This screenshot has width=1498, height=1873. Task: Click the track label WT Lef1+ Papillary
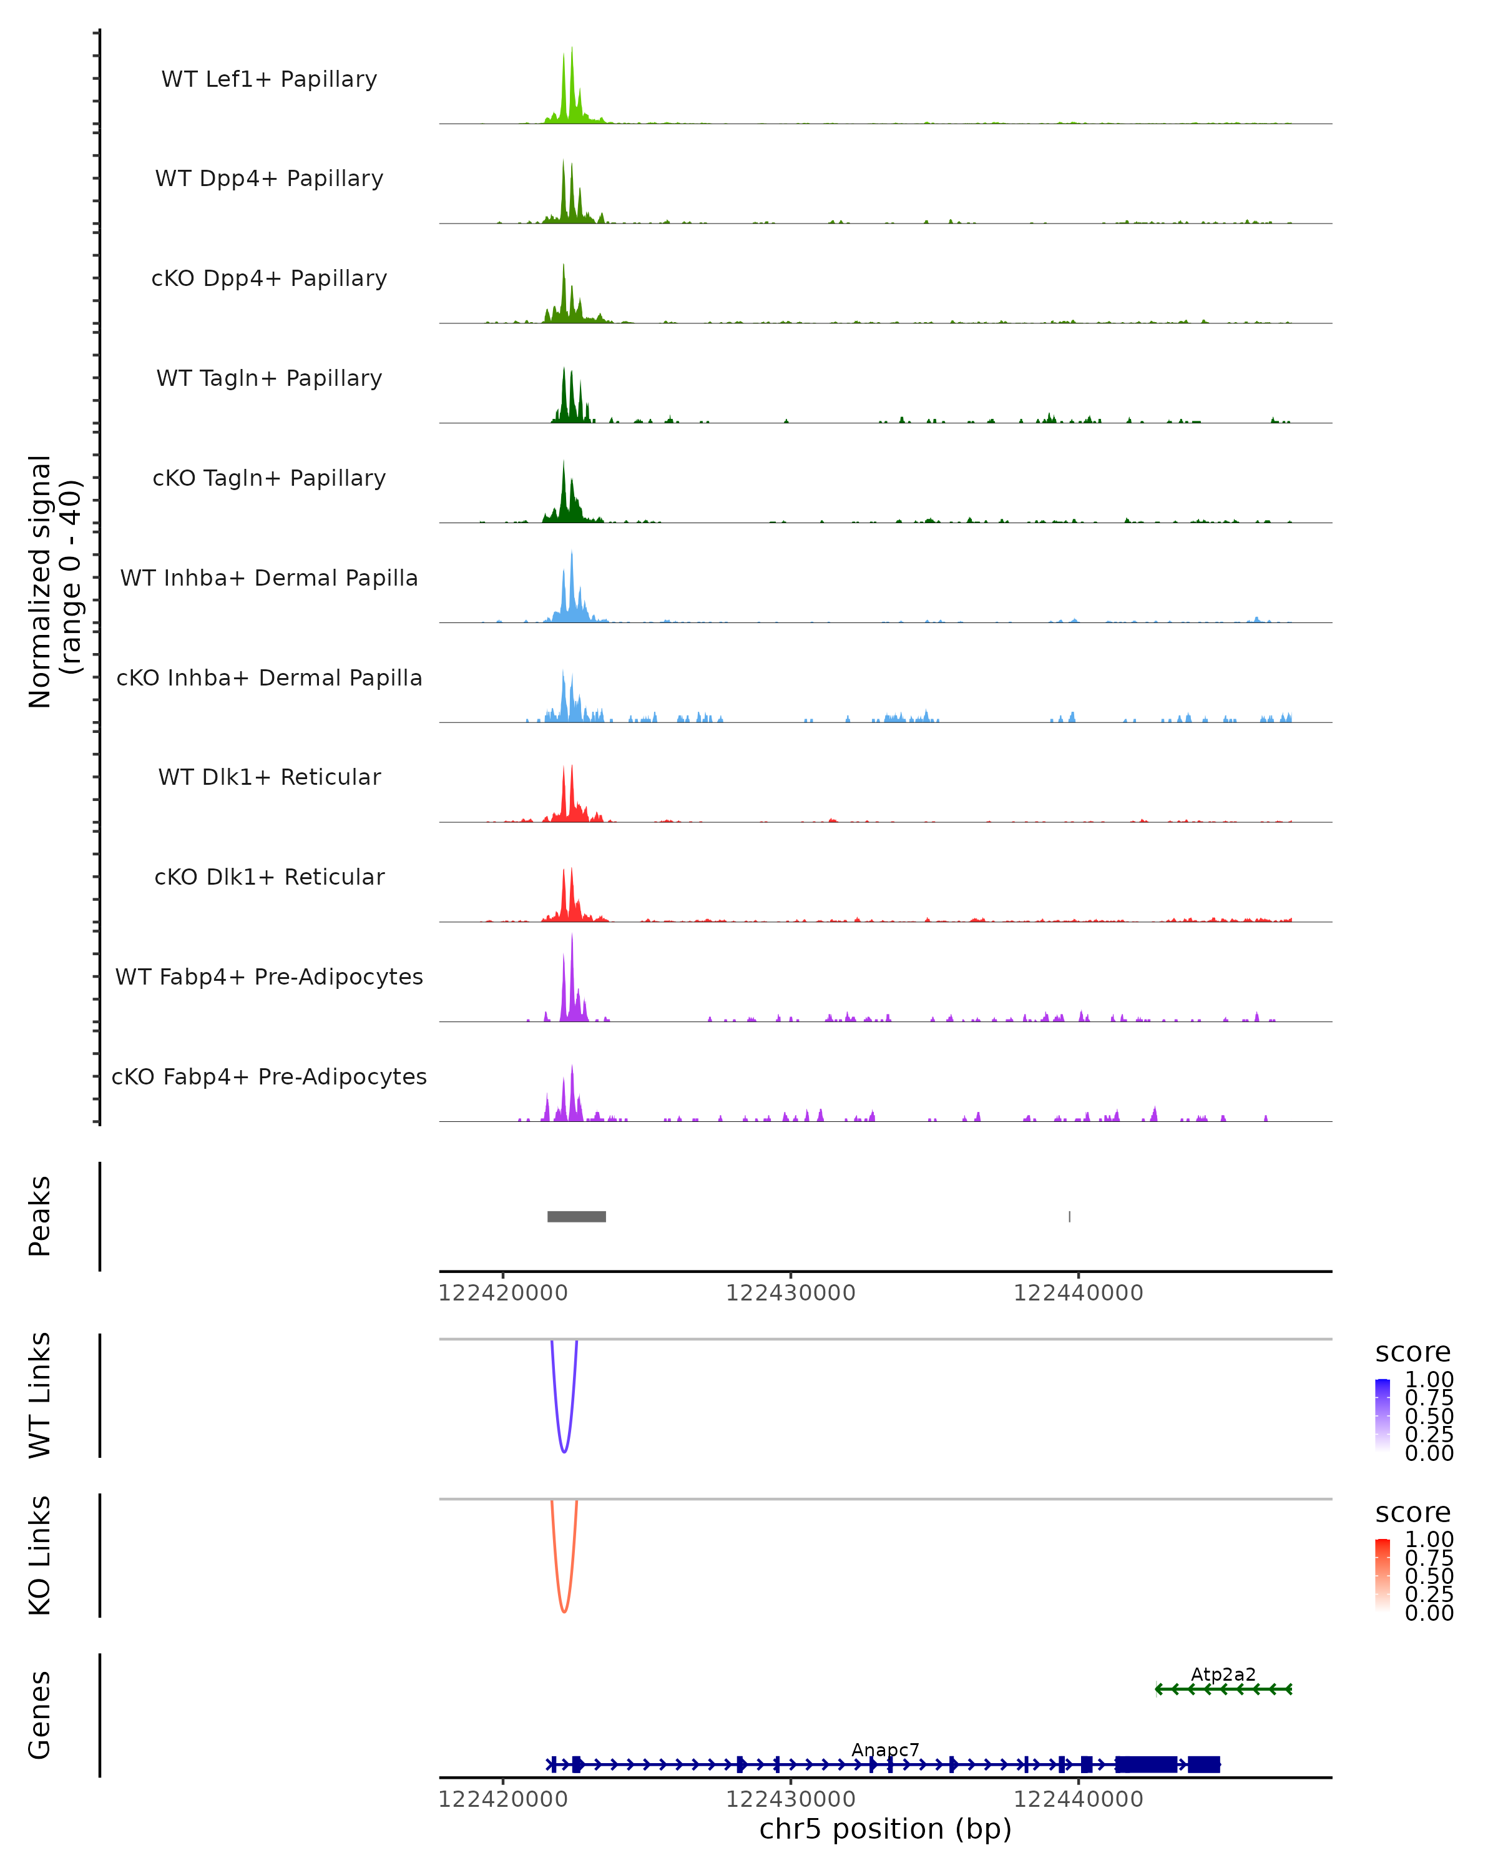pyautogui.click(x=269, y=79)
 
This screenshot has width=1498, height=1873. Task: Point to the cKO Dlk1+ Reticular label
pyautogui.click(x=269, y=877)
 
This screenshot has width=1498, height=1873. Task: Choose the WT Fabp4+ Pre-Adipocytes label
pyautogui.click(x=269, y=976)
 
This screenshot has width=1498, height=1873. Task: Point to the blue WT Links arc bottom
pyautogui.click(x=564, y=1451)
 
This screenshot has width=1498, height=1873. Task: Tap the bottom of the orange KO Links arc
pyautogui.click(x=564, y=1611)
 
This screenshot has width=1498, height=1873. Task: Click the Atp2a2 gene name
pyautogui.click(x=1223, y=1674)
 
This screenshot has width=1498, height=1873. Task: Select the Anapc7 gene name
pyautogui.click(x=885, y=1749)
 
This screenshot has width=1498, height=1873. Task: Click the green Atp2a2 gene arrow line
pyautogui.click(x=1223, y=1689)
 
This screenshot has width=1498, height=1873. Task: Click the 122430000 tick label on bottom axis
pyautogui.click(x=790, y=1799)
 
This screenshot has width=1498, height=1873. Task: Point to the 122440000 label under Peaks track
pyautogui.click(x=1078, y=1293)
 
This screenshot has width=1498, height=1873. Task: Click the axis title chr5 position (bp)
pyautogui.click(x=885, y=1829)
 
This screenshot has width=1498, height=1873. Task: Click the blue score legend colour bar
pyautogui.click(x=1383, y=1415)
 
